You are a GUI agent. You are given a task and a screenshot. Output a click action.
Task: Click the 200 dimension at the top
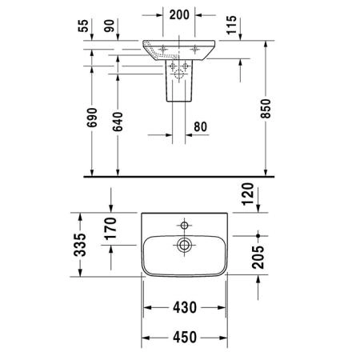pos(179,15)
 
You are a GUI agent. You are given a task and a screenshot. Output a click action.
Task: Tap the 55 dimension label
pos(83,26)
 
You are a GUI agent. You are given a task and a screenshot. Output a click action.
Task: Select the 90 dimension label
pos(110,26)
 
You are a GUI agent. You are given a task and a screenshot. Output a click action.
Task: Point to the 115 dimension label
pos(231,25)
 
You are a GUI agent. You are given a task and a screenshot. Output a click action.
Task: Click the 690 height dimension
pos(92,118)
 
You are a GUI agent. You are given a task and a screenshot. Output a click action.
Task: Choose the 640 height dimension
pos(118,122)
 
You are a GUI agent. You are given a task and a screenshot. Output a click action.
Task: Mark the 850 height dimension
pos(266,109)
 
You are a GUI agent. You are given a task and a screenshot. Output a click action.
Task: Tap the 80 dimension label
pos(200,127)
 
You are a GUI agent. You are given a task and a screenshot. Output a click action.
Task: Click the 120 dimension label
pos(247,194)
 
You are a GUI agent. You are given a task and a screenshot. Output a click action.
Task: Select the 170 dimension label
pos(110,229)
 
